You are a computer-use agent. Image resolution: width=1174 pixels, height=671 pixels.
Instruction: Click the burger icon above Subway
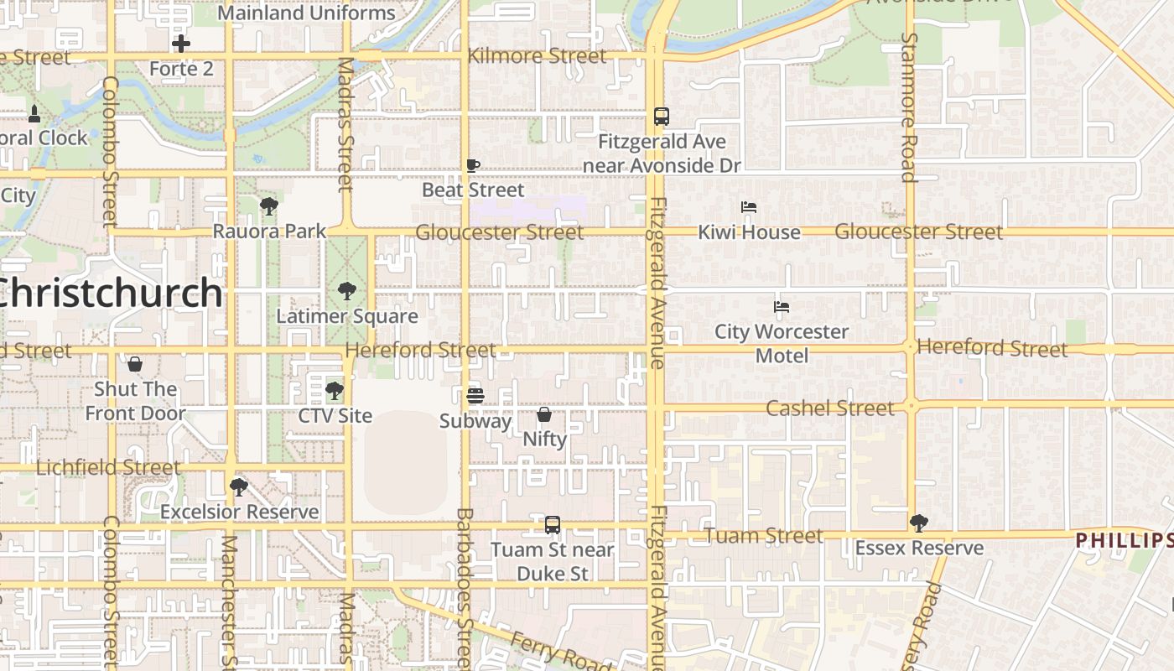475,395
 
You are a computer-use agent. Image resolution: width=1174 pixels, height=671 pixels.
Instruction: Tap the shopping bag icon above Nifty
544,414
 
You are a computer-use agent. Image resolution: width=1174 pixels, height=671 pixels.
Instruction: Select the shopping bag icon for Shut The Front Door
135,364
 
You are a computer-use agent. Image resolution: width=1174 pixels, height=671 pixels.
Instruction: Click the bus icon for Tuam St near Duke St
553,525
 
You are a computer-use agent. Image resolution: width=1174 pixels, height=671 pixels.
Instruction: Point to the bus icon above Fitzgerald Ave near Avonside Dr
662,117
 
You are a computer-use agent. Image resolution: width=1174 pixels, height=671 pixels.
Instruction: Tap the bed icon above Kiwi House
749,207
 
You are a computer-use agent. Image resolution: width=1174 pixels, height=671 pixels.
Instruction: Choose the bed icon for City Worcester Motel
782,307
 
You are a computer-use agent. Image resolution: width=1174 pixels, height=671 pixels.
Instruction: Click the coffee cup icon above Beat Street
473,166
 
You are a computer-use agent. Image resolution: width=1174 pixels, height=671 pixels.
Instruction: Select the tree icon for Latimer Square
346,292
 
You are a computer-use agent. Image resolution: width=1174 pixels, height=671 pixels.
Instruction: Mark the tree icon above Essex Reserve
919,523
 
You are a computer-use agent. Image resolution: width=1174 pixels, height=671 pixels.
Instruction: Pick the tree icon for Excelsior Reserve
239,486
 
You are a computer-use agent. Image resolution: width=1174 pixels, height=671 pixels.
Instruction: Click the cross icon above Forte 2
181,44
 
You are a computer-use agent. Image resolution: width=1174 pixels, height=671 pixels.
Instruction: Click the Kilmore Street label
537,56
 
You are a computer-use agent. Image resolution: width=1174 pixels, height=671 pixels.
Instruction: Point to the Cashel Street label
830,408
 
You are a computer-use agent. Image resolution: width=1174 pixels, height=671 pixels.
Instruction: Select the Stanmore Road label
909,107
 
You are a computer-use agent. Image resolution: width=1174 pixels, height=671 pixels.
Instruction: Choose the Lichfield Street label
108,468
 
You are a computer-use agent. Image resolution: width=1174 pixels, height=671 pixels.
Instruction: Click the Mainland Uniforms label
306,13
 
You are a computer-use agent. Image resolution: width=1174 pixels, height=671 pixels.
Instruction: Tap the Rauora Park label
269,231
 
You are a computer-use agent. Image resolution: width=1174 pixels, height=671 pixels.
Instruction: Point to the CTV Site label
335,415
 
